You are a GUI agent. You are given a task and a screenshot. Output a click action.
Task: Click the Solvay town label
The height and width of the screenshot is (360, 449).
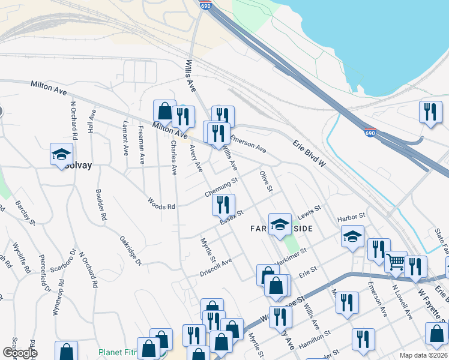[x=78, y=165]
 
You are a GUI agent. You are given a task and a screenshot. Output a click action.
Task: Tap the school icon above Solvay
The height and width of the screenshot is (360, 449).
[x=61, y=154]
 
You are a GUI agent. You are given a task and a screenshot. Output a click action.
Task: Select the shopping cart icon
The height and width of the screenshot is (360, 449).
[x=396, y=262]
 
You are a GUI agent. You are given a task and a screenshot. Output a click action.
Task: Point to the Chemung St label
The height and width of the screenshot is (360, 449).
[x=221, y=187]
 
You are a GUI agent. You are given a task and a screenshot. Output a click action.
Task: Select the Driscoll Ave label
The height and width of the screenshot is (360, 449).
[x=216, y=268]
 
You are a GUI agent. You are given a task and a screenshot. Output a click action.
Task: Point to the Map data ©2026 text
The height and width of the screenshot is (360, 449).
[x=423, y=355]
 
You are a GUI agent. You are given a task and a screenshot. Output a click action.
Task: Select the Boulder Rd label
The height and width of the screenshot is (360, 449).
[x=100, y=204]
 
